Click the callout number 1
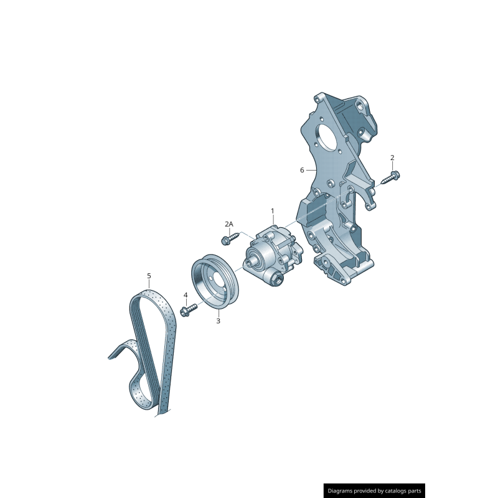272,211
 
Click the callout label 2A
229,224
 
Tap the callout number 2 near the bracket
392,157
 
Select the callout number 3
218,321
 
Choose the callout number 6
302,170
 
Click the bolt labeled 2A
228,237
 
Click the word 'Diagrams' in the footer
344,491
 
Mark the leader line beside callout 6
312,170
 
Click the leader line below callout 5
149,285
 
